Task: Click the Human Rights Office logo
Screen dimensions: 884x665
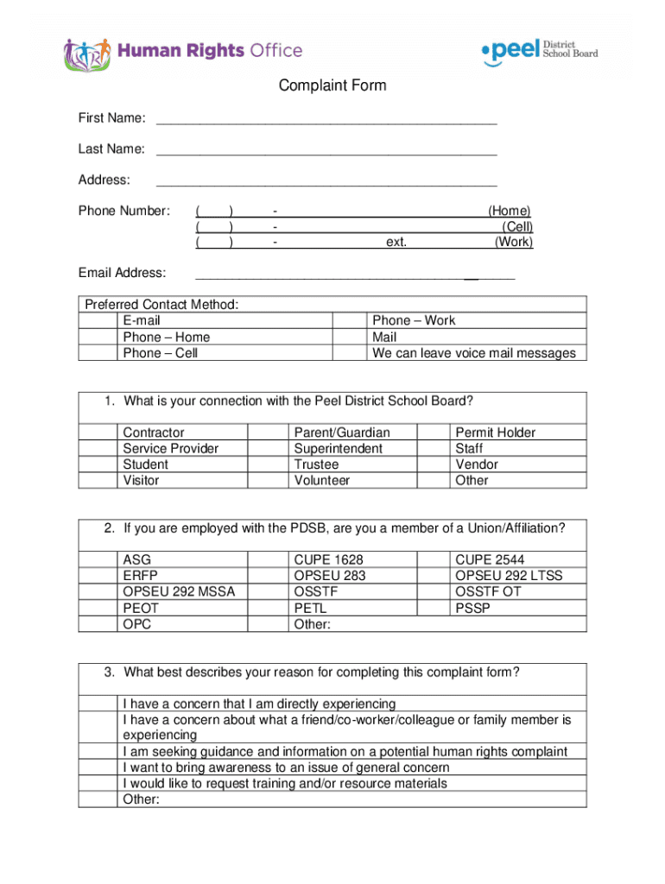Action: [182, 53]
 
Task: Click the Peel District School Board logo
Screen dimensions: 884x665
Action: [538, 52]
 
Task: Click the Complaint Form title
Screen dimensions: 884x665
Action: [332, 85]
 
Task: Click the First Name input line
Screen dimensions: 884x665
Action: [326, 118]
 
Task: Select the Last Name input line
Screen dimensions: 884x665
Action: [326, 149]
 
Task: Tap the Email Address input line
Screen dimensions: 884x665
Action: [355, 274]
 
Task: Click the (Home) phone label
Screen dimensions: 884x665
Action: [509, 211]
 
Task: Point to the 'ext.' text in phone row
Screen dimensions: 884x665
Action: [396, 243]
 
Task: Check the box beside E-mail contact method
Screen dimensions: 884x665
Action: [98, 321]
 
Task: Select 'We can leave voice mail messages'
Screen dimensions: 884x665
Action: [473, 353]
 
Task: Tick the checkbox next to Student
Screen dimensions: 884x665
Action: [98, 464]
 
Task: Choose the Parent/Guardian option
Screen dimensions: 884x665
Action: [269, 433]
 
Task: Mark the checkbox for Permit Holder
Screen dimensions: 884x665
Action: [434, 433]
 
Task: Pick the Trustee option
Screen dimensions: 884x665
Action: [269, 464]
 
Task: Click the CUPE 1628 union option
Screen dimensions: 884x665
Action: [269, 559]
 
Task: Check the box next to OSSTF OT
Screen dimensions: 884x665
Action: [434, 591]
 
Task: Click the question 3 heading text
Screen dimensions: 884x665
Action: [321, 672]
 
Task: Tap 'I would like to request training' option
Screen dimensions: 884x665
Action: [285, 784]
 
